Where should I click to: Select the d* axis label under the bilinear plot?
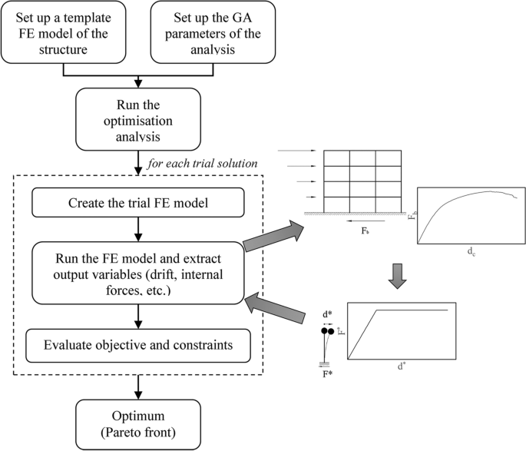[x=402, y=366]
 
